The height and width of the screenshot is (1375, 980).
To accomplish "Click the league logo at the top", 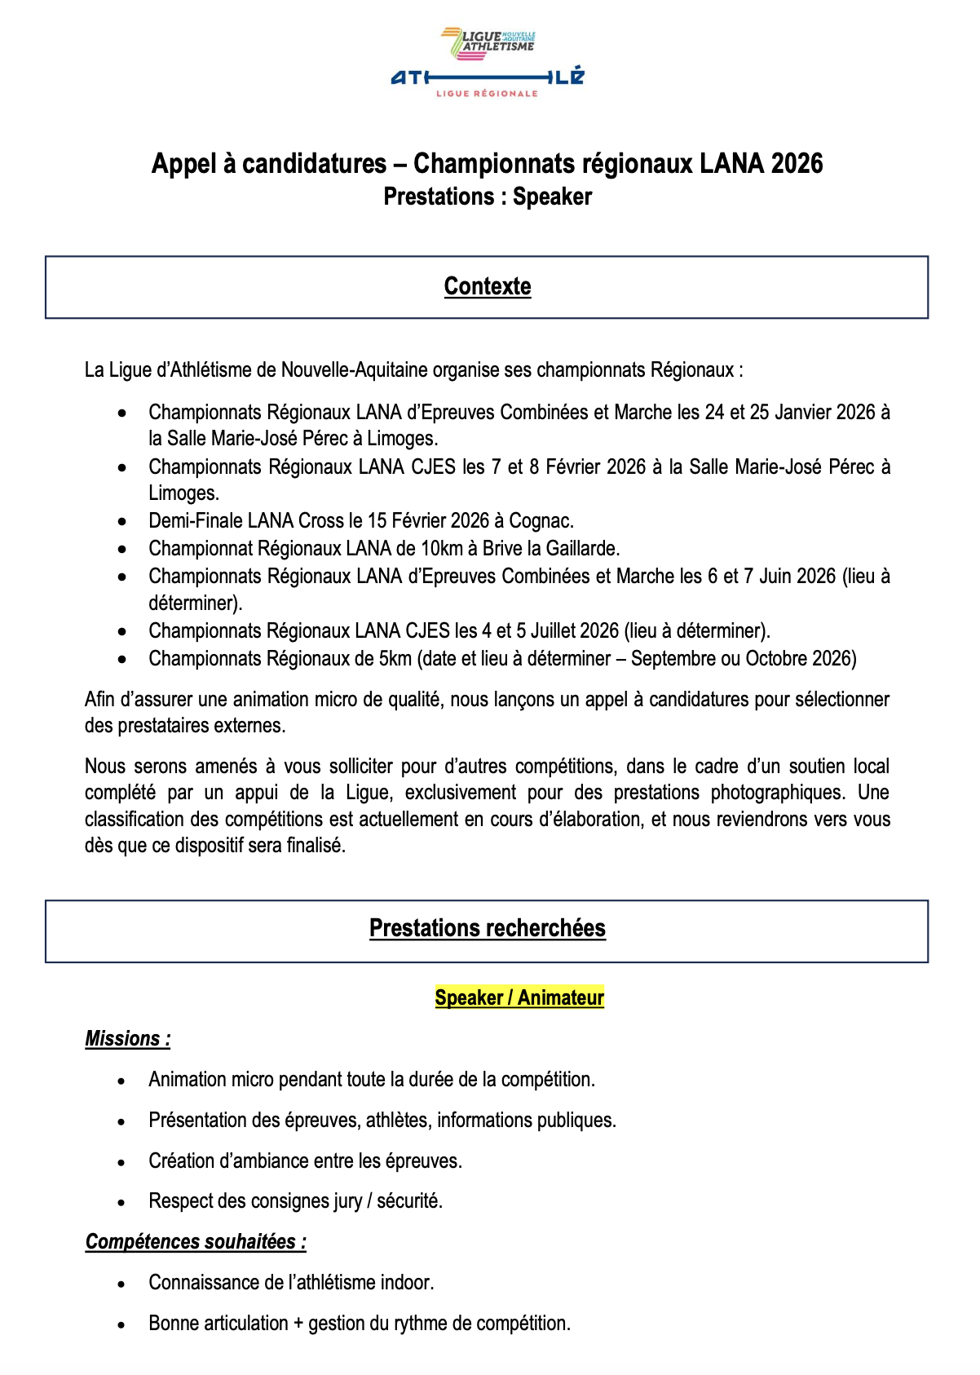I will pyautogui.click(x=488, y=63).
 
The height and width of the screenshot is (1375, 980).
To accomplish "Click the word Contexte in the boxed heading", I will pyautogui.click(x=488, y=286).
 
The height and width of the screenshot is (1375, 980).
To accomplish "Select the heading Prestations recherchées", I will pyautogui.click(x=488, y=928).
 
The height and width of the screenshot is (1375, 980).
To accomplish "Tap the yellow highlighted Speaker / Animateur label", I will pyautogui.click(x=519, y=997).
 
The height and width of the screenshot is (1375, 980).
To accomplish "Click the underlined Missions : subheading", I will pyautogui.click(x=128, y=1038).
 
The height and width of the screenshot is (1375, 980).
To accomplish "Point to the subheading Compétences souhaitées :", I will pyautogui.click(x=196, y=1241).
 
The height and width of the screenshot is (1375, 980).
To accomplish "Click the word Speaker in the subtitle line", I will pyautogui.click(x=552, y=197).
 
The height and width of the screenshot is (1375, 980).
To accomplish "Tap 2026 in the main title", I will pyautogui.click(x=797, y=163).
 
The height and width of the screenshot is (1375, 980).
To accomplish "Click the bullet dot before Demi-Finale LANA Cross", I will pyautogui.click(x=121, y=521).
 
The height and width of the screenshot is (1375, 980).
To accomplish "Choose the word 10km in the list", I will pyautogui.click(x=441, y=548).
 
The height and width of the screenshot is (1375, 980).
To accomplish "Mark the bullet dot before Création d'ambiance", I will pyautogui.click(x=121, y=1162).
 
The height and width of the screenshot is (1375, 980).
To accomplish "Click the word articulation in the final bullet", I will pyautogui.click(x=238, y=1323).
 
